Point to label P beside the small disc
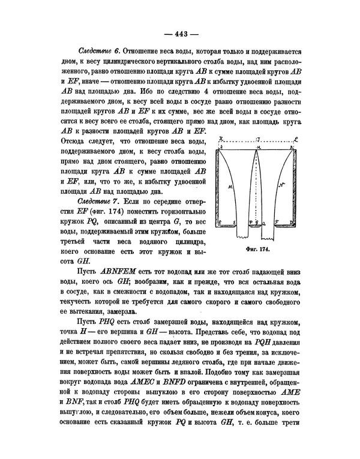[251, 222]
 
